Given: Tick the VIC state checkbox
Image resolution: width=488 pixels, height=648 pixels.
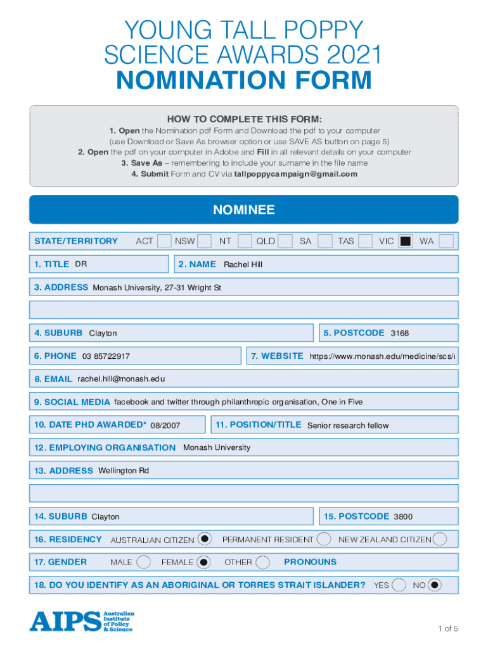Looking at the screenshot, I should point(406,241).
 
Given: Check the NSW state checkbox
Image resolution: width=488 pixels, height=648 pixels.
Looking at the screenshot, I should point(204,241).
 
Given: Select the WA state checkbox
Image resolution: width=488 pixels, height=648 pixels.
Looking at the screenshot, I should point(446,241).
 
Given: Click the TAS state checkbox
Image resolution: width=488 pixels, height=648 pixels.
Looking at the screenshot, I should point(364,241).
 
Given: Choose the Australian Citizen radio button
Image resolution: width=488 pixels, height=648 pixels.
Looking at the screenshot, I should point(204,539).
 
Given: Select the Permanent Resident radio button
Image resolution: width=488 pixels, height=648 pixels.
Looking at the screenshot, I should point(323,539).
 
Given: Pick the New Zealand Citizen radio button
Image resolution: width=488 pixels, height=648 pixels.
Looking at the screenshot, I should point(439,539).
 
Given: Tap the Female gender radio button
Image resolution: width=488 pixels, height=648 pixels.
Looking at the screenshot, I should point(203,562).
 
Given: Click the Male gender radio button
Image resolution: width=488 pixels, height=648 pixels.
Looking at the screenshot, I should point(144,562).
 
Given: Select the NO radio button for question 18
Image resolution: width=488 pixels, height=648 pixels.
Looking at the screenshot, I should point(434,585).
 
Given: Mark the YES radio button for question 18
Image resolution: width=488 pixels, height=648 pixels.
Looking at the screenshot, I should point(399,585).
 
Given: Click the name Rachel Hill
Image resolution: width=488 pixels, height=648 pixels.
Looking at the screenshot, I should point(243,265).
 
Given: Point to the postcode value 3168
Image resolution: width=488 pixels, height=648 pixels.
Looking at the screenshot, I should point(400,333).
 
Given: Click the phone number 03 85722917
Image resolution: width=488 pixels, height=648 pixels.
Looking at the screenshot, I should point(106,357).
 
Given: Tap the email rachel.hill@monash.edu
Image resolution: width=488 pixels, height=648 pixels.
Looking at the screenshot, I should point(121,379).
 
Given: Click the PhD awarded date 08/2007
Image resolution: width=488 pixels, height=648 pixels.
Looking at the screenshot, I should point(165,425).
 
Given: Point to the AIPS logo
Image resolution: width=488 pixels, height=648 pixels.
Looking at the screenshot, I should point(82,621).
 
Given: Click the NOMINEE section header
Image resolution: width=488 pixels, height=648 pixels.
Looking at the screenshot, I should point(244,209).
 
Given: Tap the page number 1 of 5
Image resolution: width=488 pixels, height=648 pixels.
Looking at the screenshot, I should point(447,628).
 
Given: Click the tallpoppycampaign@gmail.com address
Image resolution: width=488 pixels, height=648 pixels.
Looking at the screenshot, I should point(296,174).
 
